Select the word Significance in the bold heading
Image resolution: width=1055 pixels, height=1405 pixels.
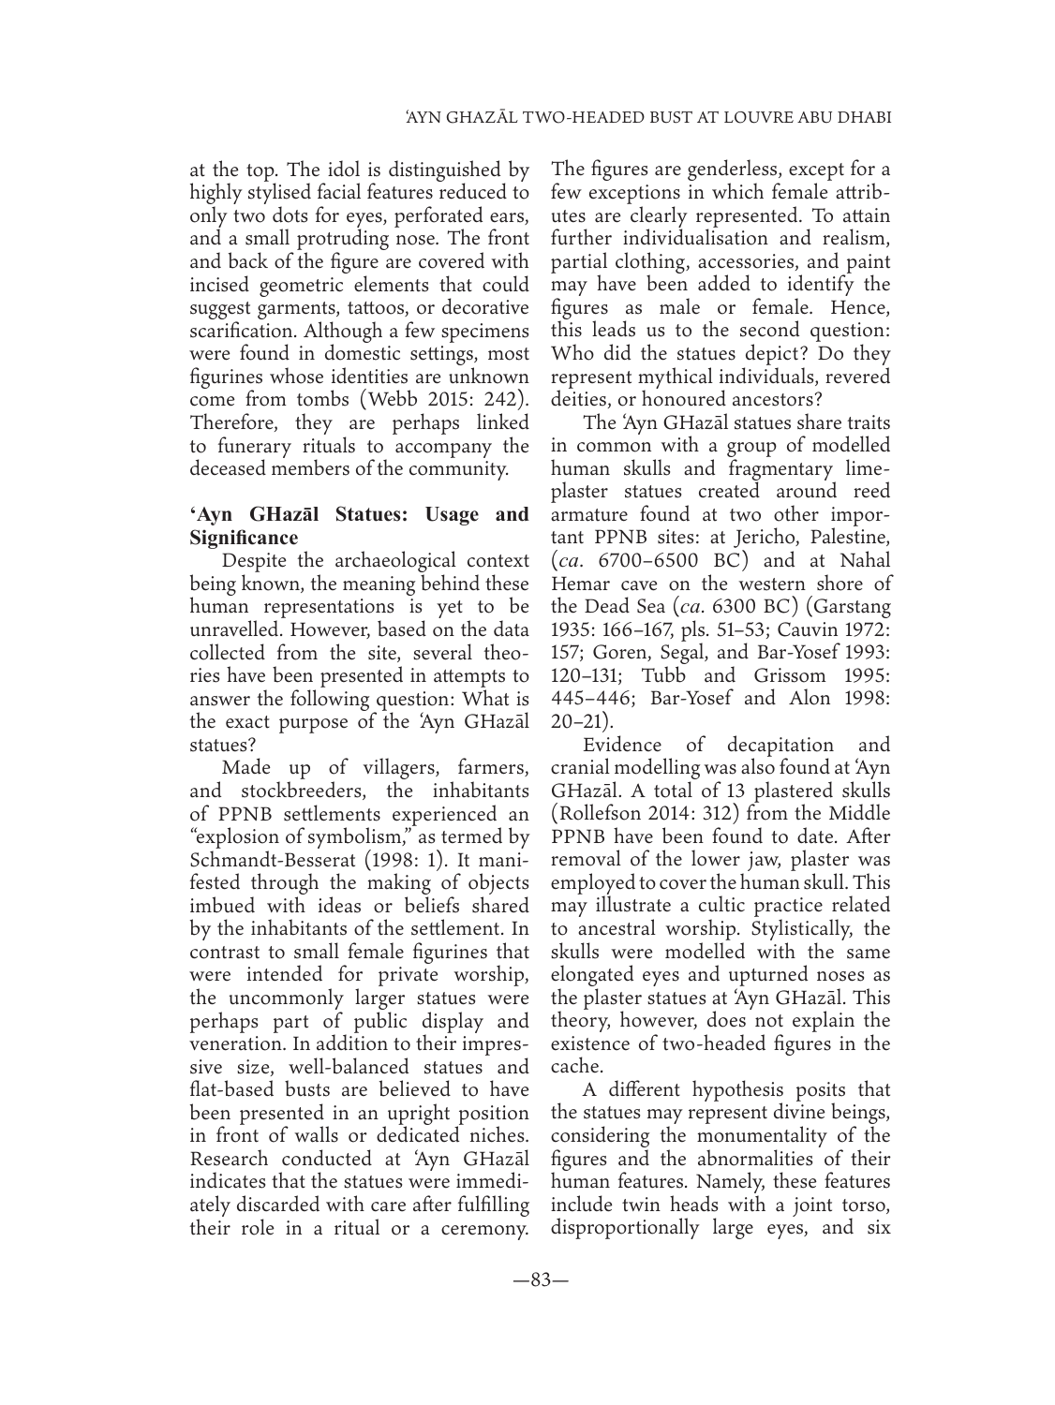tap(244, 538)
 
